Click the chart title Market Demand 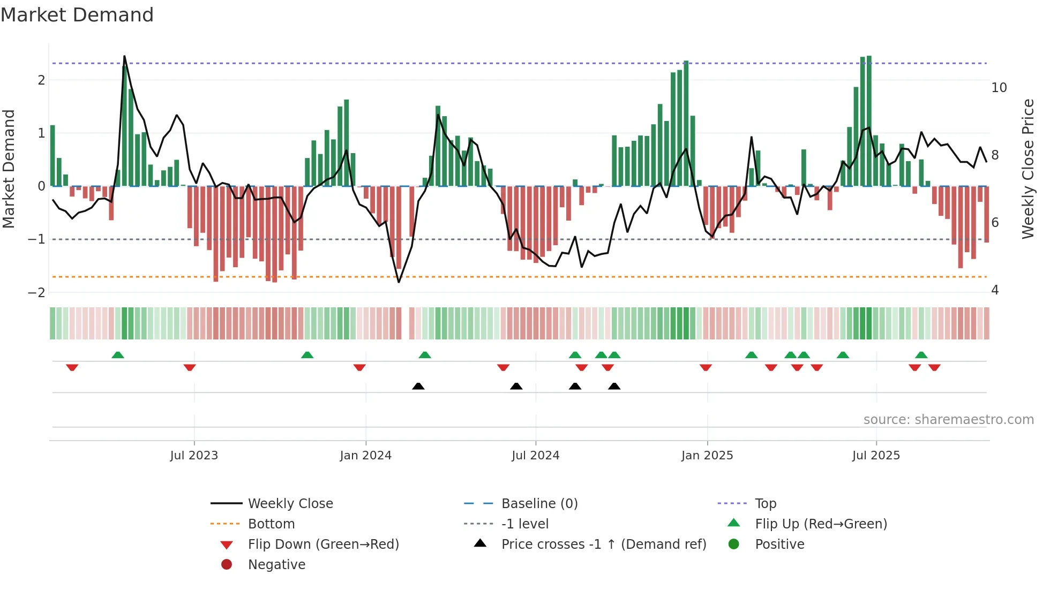point(77,15)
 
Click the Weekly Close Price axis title point(1027,169)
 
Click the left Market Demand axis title point(9,169)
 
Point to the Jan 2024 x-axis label point(365,456)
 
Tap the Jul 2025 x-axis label point(876,456)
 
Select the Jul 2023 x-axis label point(194,456)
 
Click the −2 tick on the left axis point(36,293)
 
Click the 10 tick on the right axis point(999,88)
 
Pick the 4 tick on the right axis point(995,290)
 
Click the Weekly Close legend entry point(290,504)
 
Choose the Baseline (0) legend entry point(539,504)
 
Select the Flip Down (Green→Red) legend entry point(323,544)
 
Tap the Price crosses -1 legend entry point(603,544)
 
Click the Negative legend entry point(276,565)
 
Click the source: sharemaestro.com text point(948,420)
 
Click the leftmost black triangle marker point(418,386)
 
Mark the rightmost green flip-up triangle point(921,355)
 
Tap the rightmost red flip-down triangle point(934,367)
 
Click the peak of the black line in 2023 point(124,56)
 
